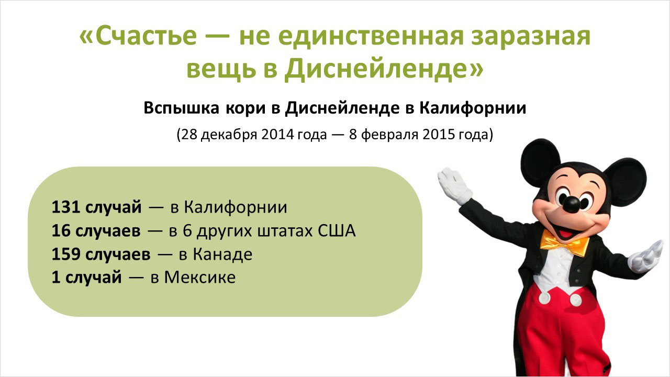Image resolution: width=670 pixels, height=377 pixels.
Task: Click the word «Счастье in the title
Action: (x=138, y=36)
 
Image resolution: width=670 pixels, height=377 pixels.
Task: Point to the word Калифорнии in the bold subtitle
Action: (x=473, y=108)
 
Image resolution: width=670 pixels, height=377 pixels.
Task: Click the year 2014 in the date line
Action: (x=277, y=135)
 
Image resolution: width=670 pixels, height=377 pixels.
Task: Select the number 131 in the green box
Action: (x=65, y=207)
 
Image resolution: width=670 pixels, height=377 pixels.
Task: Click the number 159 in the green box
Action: (x=65, y=254)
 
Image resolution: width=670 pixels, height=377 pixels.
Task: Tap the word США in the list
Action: (x=337, y=231)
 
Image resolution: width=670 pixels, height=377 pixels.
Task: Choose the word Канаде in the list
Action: (x=222, y=255)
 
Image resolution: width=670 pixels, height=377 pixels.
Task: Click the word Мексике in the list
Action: (x=199, y=278)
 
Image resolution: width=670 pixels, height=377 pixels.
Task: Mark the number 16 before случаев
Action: (x=61, y=231)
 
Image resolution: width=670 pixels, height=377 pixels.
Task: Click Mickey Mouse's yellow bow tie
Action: (x=564, y=242)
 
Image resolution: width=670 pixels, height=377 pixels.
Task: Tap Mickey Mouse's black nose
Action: (x=572, y=204)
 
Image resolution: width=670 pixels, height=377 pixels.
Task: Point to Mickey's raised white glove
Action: (x=453, y=185)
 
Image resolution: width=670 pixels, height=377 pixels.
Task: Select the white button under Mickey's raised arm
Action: (x=545, y=298)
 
